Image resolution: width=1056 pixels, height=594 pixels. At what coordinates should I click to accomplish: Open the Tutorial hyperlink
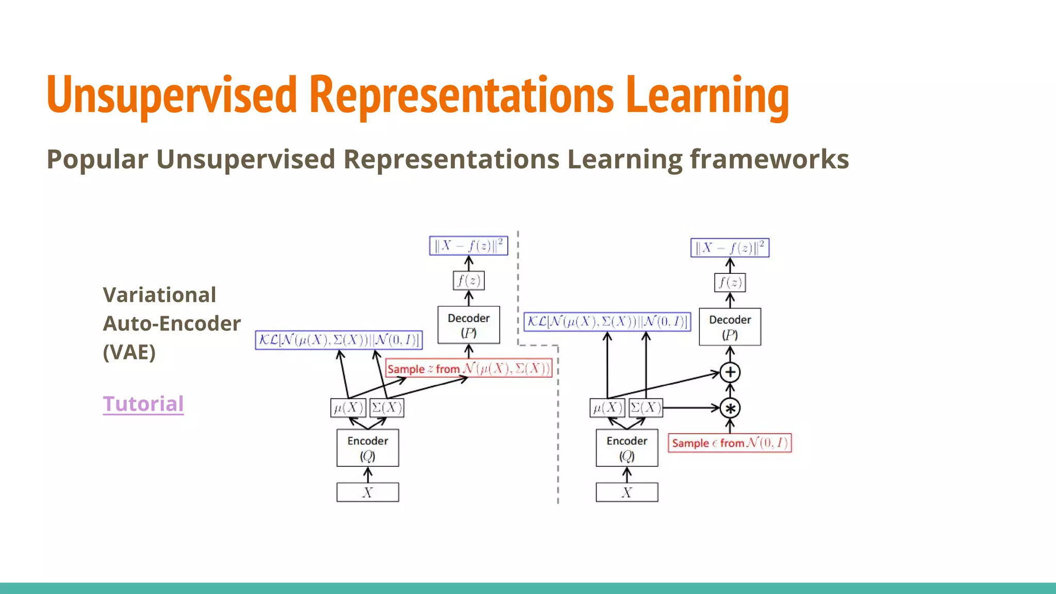point(143,404)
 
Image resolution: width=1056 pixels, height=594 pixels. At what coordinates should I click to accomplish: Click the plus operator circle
point(730,372)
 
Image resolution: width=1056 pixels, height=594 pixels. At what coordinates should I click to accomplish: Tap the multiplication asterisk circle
point(730,408)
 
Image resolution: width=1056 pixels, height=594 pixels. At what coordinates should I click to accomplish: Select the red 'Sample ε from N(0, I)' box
point(730,443)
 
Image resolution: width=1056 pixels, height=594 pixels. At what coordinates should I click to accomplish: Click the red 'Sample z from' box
point(469,369)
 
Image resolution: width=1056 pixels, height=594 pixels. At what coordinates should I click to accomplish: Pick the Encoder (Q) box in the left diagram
point(368,448)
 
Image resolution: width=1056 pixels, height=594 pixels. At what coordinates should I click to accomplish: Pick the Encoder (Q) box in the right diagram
point(626,448)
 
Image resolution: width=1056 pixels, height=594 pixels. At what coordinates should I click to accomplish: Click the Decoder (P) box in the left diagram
point(468,325)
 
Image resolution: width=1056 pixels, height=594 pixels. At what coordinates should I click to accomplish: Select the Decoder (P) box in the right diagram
point(730,326)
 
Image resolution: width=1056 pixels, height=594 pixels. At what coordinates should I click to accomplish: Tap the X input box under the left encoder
point(368,492)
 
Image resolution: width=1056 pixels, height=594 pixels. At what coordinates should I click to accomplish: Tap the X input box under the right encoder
point(626,492)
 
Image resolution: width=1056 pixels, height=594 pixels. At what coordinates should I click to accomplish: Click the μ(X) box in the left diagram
point(349,408)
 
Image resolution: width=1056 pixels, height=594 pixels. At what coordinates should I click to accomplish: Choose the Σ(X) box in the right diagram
point(646,408)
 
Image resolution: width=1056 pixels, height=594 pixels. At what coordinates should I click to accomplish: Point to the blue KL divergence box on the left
point(339,340)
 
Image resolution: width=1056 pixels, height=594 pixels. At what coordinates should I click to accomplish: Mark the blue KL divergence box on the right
point(607,322)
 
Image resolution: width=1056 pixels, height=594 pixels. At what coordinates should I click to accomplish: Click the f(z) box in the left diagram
point(469,281)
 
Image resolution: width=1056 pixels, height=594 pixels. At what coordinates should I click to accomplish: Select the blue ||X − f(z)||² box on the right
point(730,247)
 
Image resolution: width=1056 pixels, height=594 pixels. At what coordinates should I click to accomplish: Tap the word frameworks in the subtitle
point(769,159)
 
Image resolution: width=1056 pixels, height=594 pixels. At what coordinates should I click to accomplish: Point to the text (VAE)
point(129,353)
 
